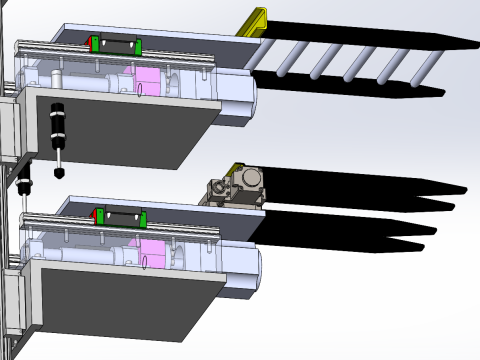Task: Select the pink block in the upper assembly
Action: click(x=147, y=79)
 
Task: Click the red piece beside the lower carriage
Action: click(x=98, y=214)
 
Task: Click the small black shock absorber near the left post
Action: click(x=26, y=181)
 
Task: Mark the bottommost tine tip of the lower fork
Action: click(x=419, y=246)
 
